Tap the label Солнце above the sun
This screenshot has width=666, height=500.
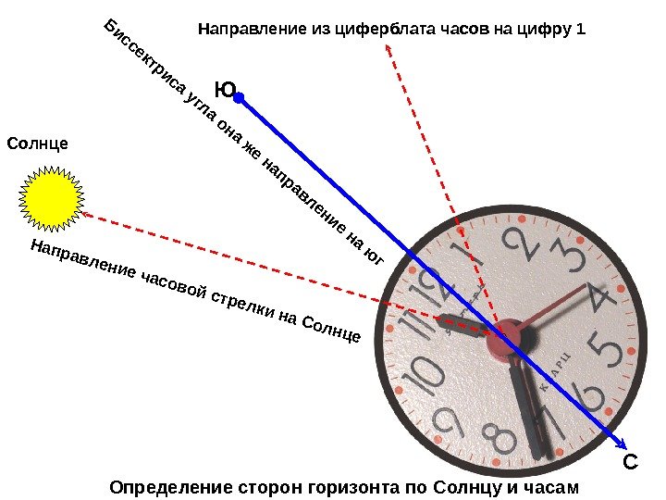[38, 144]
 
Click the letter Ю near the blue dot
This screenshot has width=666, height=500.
[224, 90]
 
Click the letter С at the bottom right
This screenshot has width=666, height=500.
[629, 462]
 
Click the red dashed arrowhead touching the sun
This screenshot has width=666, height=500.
[86, 213]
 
